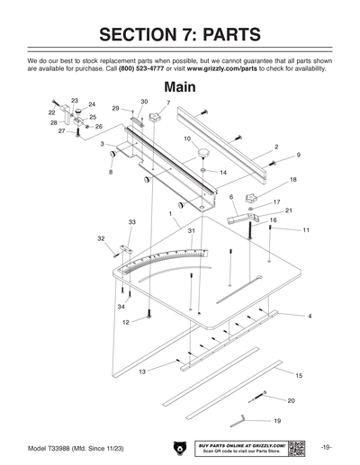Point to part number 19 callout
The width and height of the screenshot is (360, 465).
pyautogui.click(x=276, y=421)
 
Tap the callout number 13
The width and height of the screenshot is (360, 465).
pyautogui.click(x=142, y=371)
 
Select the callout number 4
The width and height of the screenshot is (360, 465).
pyautogui.click(x=310, y=317)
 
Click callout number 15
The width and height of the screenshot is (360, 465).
pyautogui.click(x=299, y=374)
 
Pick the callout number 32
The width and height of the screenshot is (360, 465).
pyautogui.click(x=101, y=238)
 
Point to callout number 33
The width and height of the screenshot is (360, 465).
pyautogui.click(x=131, y=221)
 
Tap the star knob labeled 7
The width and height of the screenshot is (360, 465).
pyautogui.click(x=158, y=118)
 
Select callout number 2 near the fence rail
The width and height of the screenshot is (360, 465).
pyautogui.click(x=275, y=146)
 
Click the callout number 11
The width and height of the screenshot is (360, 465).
pyautogui.click(x=306, y=230)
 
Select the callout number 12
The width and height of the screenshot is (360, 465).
pyautogui.click(x=126, y=321)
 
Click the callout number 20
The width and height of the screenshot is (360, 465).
pyautogui.click(x=291, y=399)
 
